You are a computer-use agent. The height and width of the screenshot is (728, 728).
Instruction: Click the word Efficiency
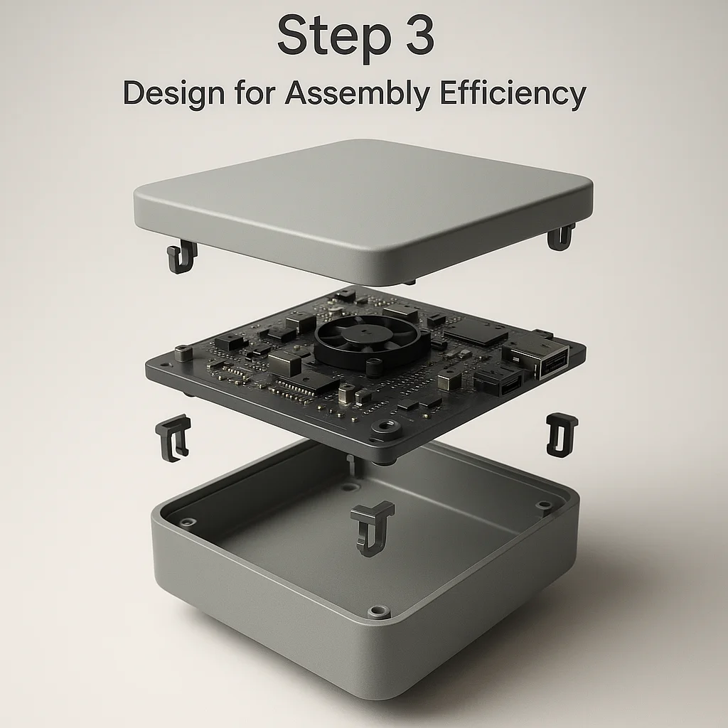tap(513, 93)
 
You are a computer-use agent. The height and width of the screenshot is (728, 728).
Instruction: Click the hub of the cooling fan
tap(367, 333)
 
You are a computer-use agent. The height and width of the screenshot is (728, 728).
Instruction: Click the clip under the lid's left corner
tap(181, 256)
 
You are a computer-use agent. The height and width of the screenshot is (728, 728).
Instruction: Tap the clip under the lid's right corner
tap(561, 237)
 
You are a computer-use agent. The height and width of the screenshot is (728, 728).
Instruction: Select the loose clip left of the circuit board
tap(173, 438)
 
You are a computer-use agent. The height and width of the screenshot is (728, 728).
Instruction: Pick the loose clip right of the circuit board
tap(562, 434)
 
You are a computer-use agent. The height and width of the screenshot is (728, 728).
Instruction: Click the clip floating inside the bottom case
tap(371, 528)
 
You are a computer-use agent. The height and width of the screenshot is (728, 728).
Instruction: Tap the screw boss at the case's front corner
tap(378, 611)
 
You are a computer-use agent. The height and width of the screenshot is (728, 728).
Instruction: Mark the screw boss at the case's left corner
tap(187, 523)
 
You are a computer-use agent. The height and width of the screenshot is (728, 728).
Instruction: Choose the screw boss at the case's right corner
tap(542, 505)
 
